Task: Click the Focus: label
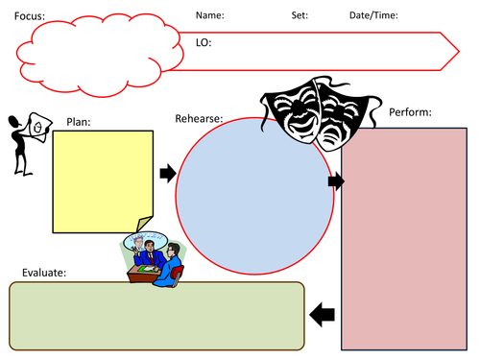pyautogui.click(x=29, y=16)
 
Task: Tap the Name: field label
pyautogui.click(x=210, y=15)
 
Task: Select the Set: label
pyautogui.click(x=300, y=15)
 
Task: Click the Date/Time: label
pyautogui.click(x=373, y=15)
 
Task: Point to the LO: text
pyautogui.click(x=204, y=43)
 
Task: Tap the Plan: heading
pyautogui.click(x=78, y=122)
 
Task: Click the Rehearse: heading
pyautogui.click(x=199, y=119)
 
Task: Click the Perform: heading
pyautogui.click(x=410, y=112)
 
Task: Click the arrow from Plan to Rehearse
pyautogui.click(x=167, y=174)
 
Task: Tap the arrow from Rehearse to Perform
pyautogui.click(x=335, y=181)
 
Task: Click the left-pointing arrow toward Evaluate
pyautogui.click(x=323, y=314)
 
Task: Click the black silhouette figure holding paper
pyautogui.click(x=26, y=144)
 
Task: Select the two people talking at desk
pyautogui.click(x=157, y=260)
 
